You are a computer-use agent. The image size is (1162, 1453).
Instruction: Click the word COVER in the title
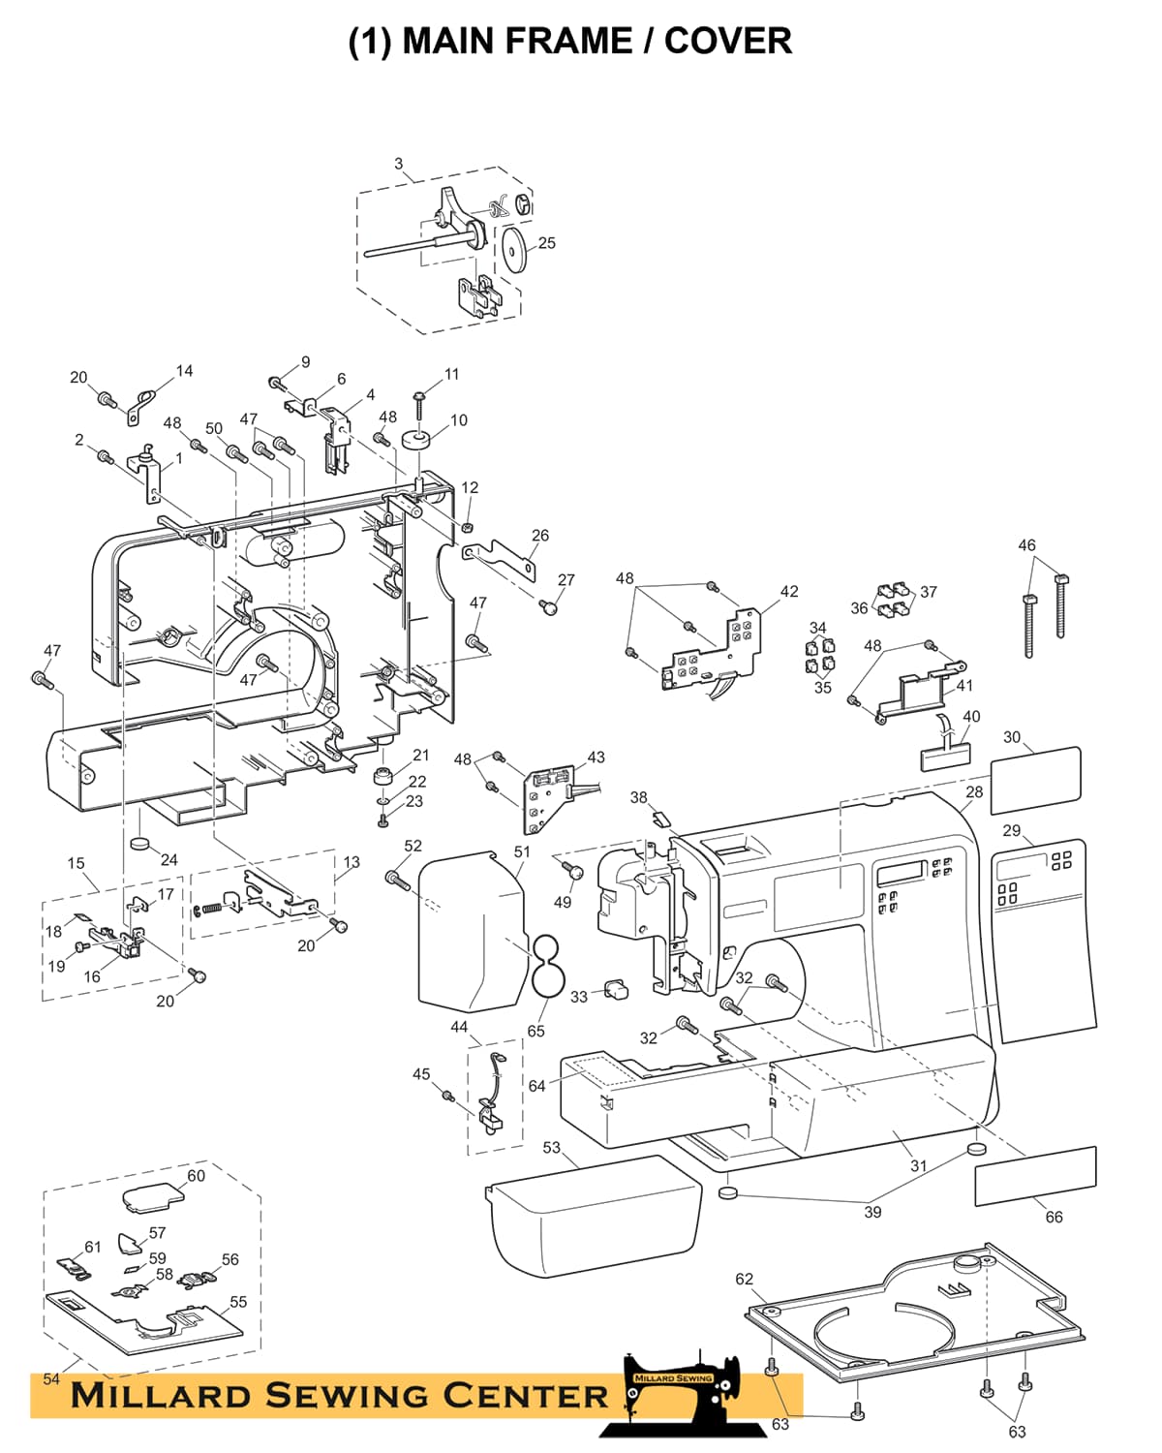(x=727, y=41)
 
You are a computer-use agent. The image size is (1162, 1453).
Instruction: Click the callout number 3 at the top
(x=398, y=164)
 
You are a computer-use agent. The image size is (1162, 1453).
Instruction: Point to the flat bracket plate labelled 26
(x=500, y=558)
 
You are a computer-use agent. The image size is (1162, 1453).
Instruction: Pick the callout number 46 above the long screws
(x=1026, y=544)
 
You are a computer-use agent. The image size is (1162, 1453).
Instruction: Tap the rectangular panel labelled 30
(x=1035, y=781)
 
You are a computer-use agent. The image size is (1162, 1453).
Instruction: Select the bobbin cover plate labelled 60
(x=153, y=1198)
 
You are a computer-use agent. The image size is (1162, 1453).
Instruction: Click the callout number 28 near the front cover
(x=973, y=791)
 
